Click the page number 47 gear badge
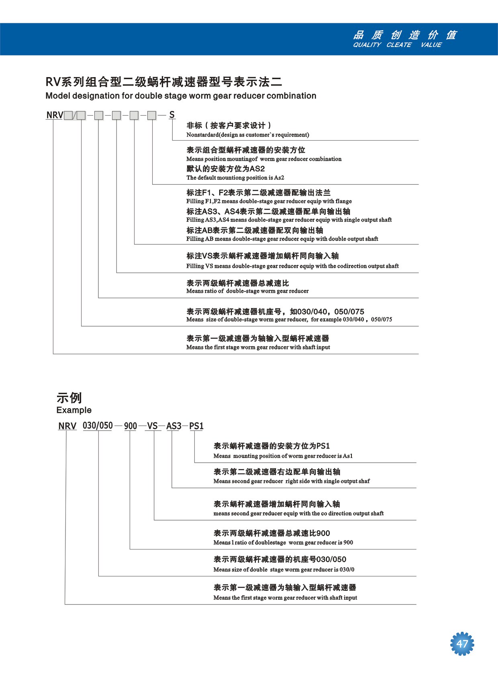(x=462, y=644)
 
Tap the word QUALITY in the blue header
(x=367, y=45)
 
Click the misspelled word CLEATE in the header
(x=399, y=45)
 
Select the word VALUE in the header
(x=431, y=45)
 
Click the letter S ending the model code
(x=172, y=115)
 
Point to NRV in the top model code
(x=55, y=115)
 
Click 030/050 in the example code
(x=98, y=425)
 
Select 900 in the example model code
(x=131, y=426)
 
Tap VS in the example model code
(x=152, y=426)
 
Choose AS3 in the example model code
(x=174, y=426)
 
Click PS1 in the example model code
(x=196, y=426)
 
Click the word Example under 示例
(x=74, y=410)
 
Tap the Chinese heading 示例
(x=69, y=398)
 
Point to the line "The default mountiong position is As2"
(x=235, y=178)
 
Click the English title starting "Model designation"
(x=181, y=96)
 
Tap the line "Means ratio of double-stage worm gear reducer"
(x=247, y=291)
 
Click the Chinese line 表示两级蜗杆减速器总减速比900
(x=271, y=533)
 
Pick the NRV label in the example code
(x=67, y=426)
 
